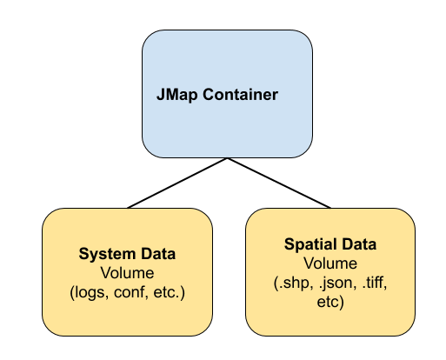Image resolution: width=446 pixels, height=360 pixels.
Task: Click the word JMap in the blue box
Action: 177,95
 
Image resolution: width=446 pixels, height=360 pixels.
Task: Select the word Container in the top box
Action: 240,95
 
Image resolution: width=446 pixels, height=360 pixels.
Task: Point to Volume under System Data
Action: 127,273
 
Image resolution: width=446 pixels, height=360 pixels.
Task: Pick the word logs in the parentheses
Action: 90,292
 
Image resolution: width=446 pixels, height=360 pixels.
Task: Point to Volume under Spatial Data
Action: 330,263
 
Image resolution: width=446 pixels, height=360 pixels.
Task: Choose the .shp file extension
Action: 294,283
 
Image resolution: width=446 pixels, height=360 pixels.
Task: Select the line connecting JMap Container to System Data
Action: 177,183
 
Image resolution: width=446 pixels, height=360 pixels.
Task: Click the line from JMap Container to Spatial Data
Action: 279,183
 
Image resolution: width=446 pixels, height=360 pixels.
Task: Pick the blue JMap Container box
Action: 227,94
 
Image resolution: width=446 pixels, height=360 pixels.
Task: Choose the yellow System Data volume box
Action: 127,272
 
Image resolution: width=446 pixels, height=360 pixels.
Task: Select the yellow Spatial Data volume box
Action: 330,272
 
